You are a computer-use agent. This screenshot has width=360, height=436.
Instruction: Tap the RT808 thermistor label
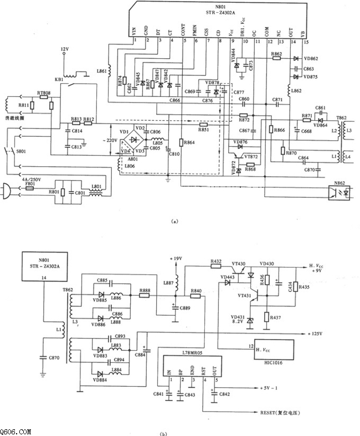pyautogui.click(x=43, y=93)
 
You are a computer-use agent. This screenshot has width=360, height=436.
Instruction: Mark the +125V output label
pyautogui.click(x=316, y=334)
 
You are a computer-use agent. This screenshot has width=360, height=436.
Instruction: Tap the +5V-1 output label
pyautogui.click(x=269, y=388)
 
